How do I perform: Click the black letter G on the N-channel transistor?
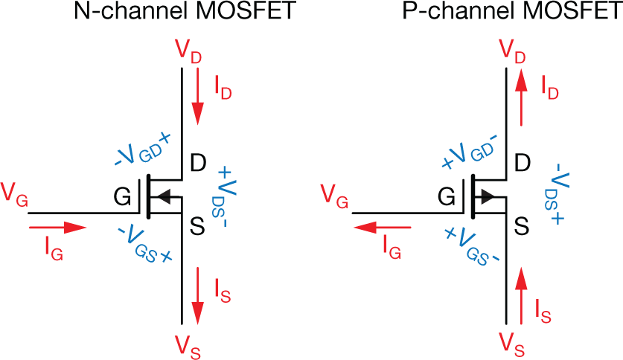(x=123, y=196)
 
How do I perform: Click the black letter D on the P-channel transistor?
(x=523, y=162)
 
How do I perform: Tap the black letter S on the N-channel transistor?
(x=198, y=228)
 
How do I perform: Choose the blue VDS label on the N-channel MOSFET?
(x=223, y=193)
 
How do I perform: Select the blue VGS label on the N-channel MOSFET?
(x=146, y=245)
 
